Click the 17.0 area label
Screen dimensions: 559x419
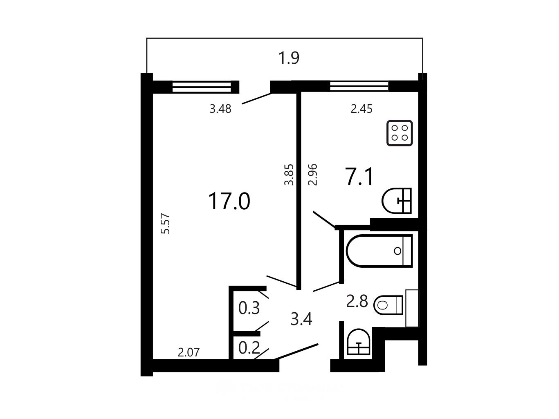coord(229,202)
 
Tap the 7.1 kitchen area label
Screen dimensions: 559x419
coord(359,176)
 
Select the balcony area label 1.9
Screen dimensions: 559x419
coord(289,58)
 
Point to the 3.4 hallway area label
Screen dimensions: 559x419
coord(301,319)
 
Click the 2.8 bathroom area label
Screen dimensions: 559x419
coord(357,301)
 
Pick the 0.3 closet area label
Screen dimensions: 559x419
coord(249,308)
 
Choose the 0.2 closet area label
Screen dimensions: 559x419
coord(249,347)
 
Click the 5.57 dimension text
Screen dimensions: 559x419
coord(166,223)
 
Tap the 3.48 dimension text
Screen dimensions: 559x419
coord(220,109)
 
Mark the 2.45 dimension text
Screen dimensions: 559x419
coord(361,109)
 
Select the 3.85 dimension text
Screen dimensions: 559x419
coord(289,175)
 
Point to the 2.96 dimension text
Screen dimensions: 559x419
coord(313,175)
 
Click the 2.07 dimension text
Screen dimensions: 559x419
coord(189,352)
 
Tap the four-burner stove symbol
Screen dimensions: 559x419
coord(400,133)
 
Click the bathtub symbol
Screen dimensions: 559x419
coord(379,251)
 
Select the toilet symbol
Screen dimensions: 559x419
coord(388,305)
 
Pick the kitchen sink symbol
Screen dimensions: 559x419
coord(397,201)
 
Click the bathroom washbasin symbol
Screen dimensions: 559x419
coord(359,342)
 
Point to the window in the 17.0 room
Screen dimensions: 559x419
coord(202,87)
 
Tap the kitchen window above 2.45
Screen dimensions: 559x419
coord(359,86)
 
